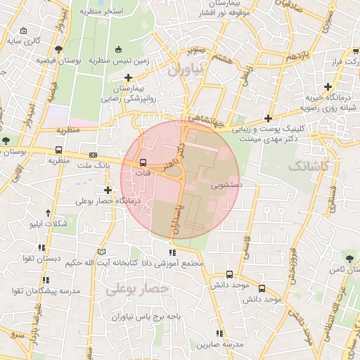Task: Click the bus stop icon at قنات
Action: (x=143, y=163)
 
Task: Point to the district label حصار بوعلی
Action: (x=139, y=288)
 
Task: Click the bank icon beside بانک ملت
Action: (x=93, y=155)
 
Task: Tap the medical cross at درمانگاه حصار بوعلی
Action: (x=108, y=190)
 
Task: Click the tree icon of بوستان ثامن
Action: (x=346, y=257)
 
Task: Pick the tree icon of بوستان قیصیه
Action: (x=58, y=49)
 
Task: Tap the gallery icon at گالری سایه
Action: (x=25, y=31)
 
